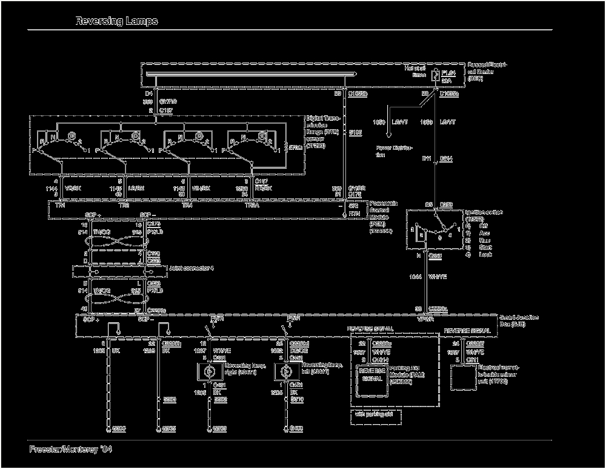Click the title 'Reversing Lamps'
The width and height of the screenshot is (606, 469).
pos(116,21)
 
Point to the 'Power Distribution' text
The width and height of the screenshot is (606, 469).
pos(395,150)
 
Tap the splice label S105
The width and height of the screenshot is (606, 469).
pos(355,131)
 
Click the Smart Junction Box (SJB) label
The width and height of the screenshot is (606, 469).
pos(521,321)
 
